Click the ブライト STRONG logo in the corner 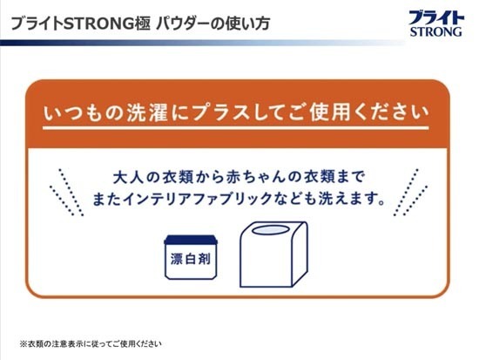tap(436, 24)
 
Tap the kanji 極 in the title tap(142, 24)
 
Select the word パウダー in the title tap(183, 24)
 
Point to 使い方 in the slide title tap(247, 24)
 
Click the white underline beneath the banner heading tap(235, 128)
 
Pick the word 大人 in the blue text tap(128, 178)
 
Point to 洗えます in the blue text tap(349, 199)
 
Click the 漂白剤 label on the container tap(191, 259)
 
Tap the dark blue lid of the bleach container tap(191, 240)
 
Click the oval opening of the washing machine tap(270, 230)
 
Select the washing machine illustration tap(273, 255)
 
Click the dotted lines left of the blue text tap(66, 192)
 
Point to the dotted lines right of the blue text tap(410, 192)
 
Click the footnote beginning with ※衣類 tap(91, 343)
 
